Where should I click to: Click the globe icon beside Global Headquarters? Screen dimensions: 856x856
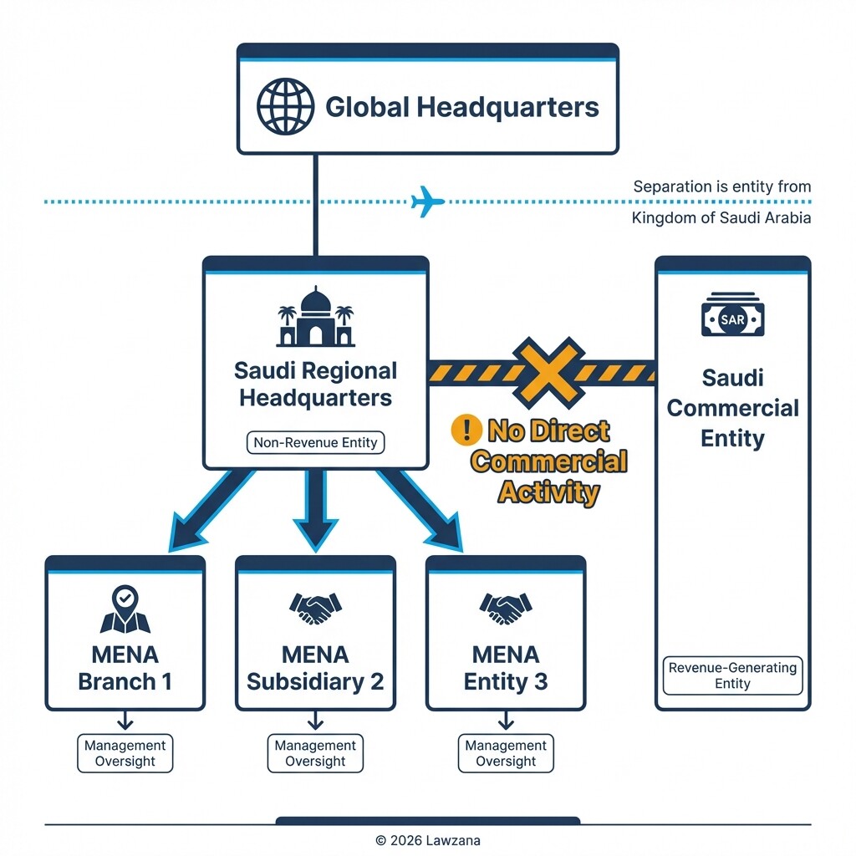[x=285, y=108]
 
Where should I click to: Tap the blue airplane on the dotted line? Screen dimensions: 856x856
[x=428, y=202]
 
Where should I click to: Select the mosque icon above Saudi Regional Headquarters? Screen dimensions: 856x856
[x=315, y=318]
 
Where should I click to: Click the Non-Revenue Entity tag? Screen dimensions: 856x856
[x=315, y=443]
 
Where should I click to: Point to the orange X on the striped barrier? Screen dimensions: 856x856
[x=548, y=372]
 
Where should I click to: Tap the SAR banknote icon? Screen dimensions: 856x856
[x=732, y=315]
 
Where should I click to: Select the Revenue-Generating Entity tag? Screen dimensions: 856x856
[x=732, y=675]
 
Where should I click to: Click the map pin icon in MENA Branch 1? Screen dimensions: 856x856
[x=125, y=609]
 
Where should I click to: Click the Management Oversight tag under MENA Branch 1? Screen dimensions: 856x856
[x=125, y=753]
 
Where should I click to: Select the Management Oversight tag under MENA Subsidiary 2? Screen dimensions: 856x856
[x=315, y=753]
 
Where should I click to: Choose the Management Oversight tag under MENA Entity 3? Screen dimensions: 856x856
[x=505, y=753]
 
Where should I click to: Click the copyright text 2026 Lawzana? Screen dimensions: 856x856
[x=427, y=840]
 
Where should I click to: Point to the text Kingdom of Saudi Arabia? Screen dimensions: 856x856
[x=721, y=218]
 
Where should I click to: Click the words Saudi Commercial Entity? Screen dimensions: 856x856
[x=732, y=408]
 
